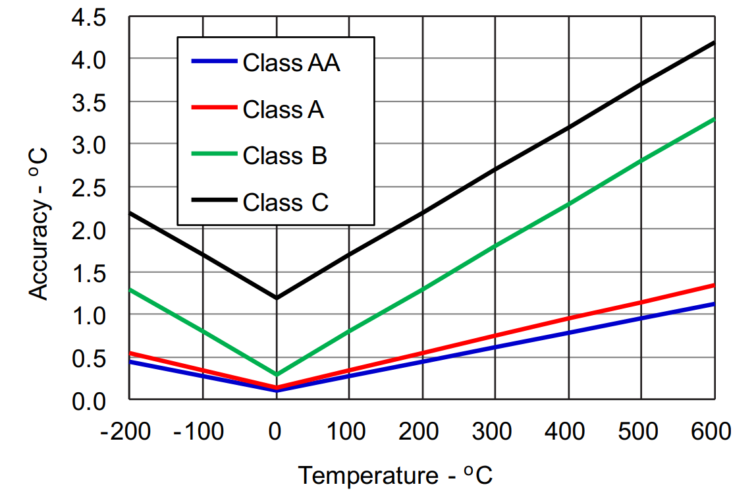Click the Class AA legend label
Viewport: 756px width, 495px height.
pyautogui.click(x=291, y=63)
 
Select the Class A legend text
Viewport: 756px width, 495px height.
pyautogui.click(x=283, y=109)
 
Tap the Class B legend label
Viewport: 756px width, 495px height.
pyautogui.click(x=284, y=156)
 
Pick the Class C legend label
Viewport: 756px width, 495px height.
pyautogui.click(x=285, y=202)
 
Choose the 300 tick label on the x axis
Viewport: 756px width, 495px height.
pyautogui.click(x=494, y=432)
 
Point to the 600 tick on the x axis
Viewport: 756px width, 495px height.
pyautogui.click(x=712, y=432)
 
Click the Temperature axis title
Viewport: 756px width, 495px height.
pyautogui.click(x=395, y=475)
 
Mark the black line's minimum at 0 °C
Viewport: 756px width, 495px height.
pyautogui.click(x=276, y=298)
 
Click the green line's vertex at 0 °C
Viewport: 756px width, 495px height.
pyautogui.click(x=276, y=374)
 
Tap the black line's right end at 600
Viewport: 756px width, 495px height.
pyautogui.click(x=714, y=43)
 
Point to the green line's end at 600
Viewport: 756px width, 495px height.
pyautogui.click(x=714, y=119)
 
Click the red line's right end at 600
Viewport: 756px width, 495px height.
pyautogui.click(x=714, y=285)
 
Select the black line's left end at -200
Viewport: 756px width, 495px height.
pyautogui.click(x=130, y=213)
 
